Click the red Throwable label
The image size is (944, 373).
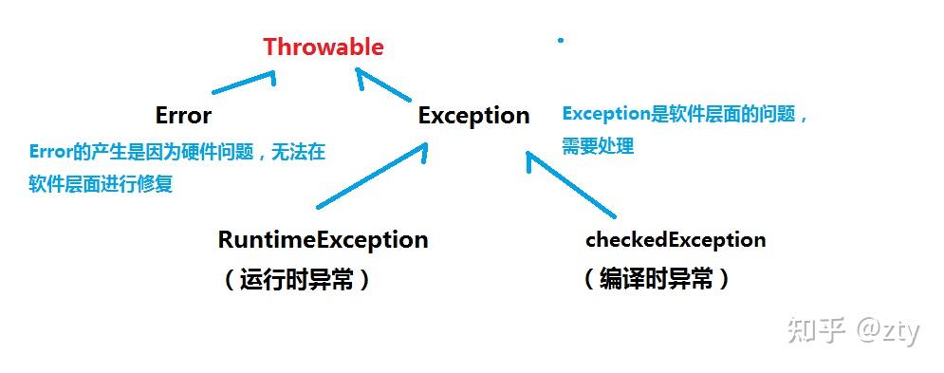pyautogui.click(x=324, y=47)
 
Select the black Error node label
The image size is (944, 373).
pyautogui.click(x=183, y=116)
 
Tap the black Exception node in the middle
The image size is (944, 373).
pyautogui.click(x=473, y=116)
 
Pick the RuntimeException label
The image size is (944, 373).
pyautogui.click(x=323, y=239)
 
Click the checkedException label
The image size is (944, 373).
pyautogui.click(x=676, y=239)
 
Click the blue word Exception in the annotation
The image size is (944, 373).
pyautogui.click(x=603, y=114)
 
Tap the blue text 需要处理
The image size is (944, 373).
pyautogui.click(x=597, y=146)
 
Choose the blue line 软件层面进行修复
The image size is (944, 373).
pyautogui.click(x=101, y=184)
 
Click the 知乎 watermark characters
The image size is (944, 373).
pyautogui.click(x=805, y=330)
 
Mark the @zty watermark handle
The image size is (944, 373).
pyautogui.click(x=888, y=331)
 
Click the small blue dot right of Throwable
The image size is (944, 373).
pyautogui.click(x=561, y=40)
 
